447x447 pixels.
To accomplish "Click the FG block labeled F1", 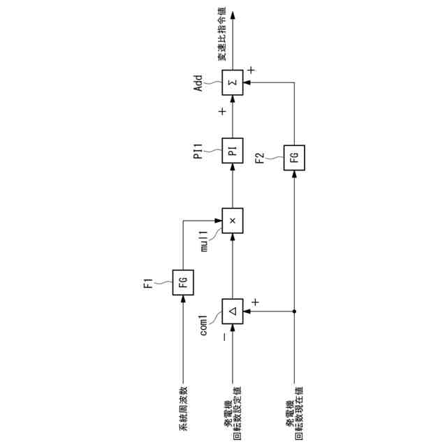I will coord(184,283).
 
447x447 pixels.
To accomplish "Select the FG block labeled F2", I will coord(294,157).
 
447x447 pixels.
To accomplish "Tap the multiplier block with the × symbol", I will coord(233,220).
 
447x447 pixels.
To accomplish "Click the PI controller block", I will coord(233,149).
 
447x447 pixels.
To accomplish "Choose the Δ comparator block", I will coord(233,311).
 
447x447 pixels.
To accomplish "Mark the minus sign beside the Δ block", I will coord(223,337).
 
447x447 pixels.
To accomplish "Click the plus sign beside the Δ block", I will coord(255,302).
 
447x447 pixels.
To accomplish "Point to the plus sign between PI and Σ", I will coord(222,112).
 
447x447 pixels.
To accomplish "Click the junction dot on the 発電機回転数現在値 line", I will coord(294,311).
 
